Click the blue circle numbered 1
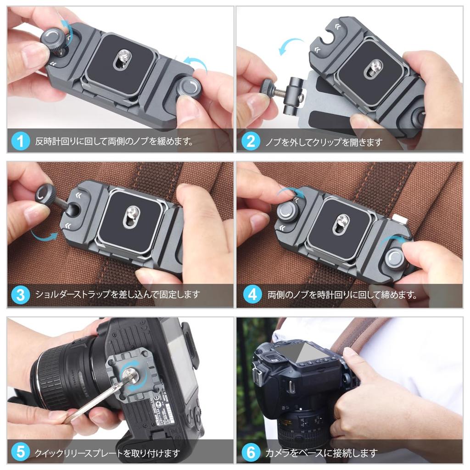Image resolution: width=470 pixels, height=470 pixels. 20,141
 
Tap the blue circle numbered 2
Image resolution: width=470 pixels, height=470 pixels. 251,141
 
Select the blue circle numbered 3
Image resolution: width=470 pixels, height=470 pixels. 20,294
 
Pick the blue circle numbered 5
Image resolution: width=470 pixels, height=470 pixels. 20,452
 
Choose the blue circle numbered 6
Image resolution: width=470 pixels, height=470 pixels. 251,452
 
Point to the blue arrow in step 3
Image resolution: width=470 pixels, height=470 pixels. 44,236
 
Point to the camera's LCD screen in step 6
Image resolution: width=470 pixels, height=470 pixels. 305,352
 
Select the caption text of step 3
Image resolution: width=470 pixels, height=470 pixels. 117,294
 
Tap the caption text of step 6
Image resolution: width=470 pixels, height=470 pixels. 321,453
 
